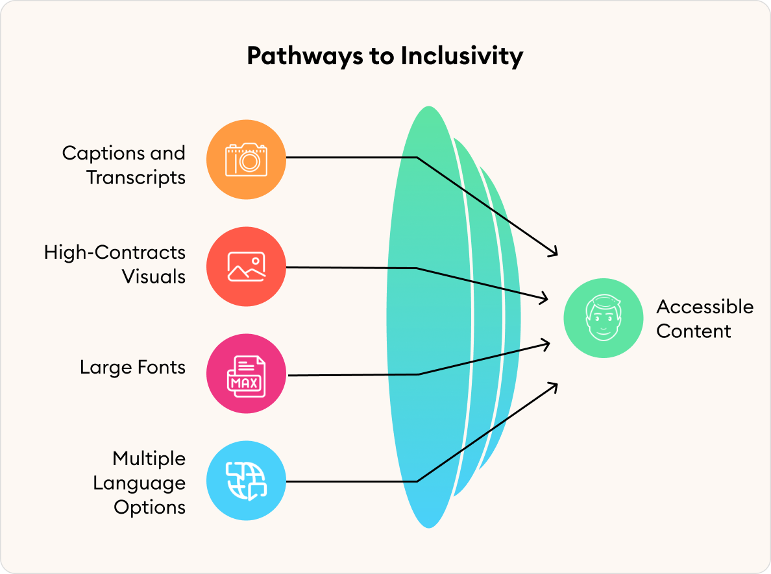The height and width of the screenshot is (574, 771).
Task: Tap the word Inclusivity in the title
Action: coord(461,56)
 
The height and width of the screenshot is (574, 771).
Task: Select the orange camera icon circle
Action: coord(246,159)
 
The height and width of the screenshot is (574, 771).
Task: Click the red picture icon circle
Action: coord(246,266)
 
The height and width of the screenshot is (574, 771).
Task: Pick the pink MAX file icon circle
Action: coord(246,374)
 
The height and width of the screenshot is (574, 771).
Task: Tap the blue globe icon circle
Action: coord(246,481)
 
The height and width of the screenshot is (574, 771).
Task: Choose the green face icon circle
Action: coord(603,318)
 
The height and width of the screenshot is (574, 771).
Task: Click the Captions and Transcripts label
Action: coord(123,165)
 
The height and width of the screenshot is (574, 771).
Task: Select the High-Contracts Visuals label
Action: coord(115,264)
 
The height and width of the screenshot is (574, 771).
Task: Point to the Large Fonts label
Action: coord(132,367)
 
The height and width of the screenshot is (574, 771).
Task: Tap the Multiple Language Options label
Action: coord(139,483)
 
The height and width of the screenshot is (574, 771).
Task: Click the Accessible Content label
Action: coord(704,318)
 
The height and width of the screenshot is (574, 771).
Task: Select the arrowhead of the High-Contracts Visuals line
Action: coord(545,299)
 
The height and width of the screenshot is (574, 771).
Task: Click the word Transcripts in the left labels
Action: coord(136,177)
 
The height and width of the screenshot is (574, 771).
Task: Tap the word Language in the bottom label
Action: coord(139,483)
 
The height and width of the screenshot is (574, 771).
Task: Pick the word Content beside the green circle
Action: coord(693,331)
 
